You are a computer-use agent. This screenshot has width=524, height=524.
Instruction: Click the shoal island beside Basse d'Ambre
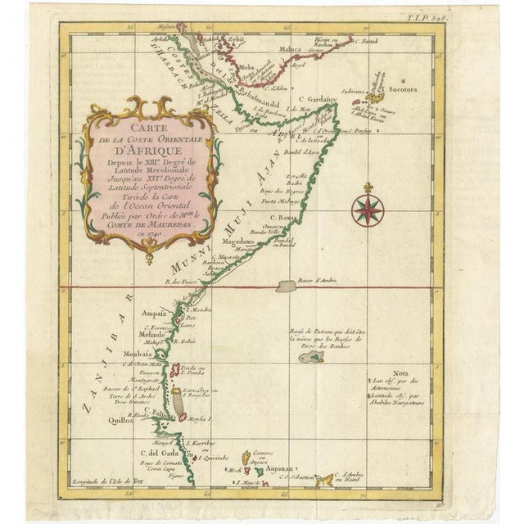[286, 287]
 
